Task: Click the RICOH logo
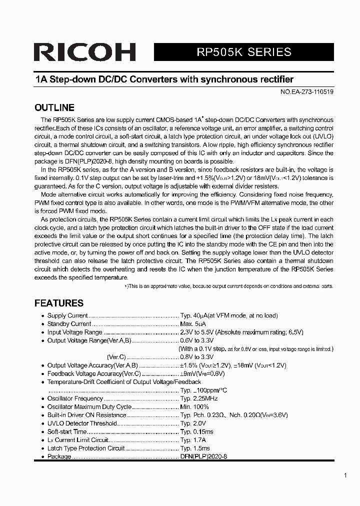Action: [x=85, y=52]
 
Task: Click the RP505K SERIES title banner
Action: [x=243, y=52]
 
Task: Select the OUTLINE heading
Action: [x=54, y=107]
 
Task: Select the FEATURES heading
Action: [x=58, y=303]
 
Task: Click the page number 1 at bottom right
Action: [x=345, y=475]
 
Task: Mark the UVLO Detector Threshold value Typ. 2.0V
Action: [x=193, y=423]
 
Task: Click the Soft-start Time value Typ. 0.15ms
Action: [x=197, y=431]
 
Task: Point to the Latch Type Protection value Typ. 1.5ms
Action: [x=195, y=448]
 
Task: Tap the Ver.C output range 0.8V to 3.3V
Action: [x=197, y=357]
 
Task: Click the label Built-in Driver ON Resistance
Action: [x=86, y=415]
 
